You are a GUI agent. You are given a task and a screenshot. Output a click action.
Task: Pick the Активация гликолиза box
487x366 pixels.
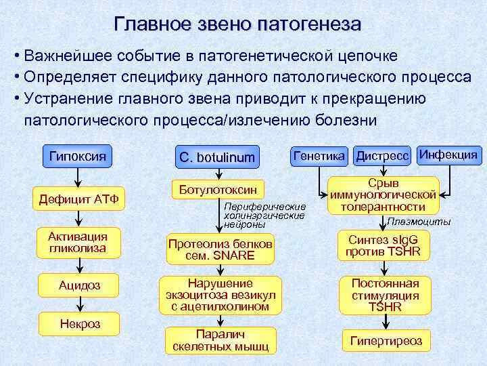[78, 242]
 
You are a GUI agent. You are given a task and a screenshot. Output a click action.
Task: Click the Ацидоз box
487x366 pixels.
[78, 285]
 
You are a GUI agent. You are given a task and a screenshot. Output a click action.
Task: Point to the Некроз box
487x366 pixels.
[79, 324]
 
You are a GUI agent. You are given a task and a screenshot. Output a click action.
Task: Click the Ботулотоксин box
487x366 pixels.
[218, 190]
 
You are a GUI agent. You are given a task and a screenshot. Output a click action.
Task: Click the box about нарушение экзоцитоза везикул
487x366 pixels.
[219, 295]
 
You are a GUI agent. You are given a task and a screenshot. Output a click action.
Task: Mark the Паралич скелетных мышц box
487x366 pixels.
[219, 340]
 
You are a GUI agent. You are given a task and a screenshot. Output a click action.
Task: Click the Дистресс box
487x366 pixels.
[382, 156]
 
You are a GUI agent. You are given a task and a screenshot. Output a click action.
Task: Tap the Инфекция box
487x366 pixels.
[448, 155]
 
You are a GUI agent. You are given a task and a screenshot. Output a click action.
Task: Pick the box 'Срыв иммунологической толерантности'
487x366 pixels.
[384, 195]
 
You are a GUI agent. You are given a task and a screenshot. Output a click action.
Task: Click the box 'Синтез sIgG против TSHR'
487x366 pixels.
[384, 245]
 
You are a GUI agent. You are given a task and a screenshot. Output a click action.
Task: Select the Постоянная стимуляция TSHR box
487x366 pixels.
[384, 295]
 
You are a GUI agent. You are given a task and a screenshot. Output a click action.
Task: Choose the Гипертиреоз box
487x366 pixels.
[386, 341]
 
